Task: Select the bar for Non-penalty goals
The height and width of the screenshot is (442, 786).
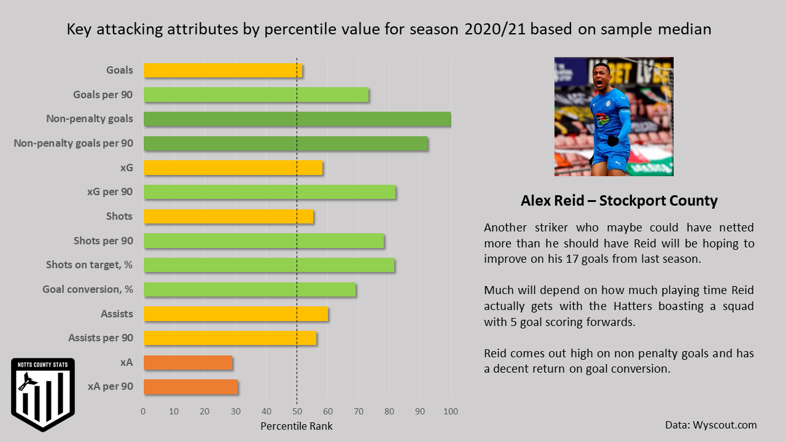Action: (x=297, y=119)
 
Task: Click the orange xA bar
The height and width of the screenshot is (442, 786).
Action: (x=188, y=363)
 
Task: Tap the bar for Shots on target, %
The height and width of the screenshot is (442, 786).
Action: (x=269, y=265)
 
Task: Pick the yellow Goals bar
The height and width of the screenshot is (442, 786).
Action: (x=223, y=71)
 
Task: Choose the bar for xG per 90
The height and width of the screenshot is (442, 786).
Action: (x=270, y=192)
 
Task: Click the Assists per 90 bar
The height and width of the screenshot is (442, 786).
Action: (x=230, y=338)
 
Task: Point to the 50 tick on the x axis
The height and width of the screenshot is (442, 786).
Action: (x=297, y=411)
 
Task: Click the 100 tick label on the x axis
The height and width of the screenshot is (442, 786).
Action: (x=451, y=411)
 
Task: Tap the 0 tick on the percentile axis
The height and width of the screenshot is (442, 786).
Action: (x=144, y=411)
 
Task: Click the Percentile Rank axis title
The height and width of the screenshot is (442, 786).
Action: (x=297, y=426)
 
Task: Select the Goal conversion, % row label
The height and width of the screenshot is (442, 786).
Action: (x=87, y=290)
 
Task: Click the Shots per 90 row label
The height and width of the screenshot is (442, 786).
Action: (x=103, y=241)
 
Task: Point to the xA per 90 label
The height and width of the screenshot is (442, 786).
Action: (x=111, y=387)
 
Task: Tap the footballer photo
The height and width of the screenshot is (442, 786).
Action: (x=613, y=117)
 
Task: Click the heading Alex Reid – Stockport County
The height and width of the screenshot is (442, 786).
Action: (x=619, y=201)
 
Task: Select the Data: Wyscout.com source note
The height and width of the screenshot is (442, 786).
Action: (x=710, y=425)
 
